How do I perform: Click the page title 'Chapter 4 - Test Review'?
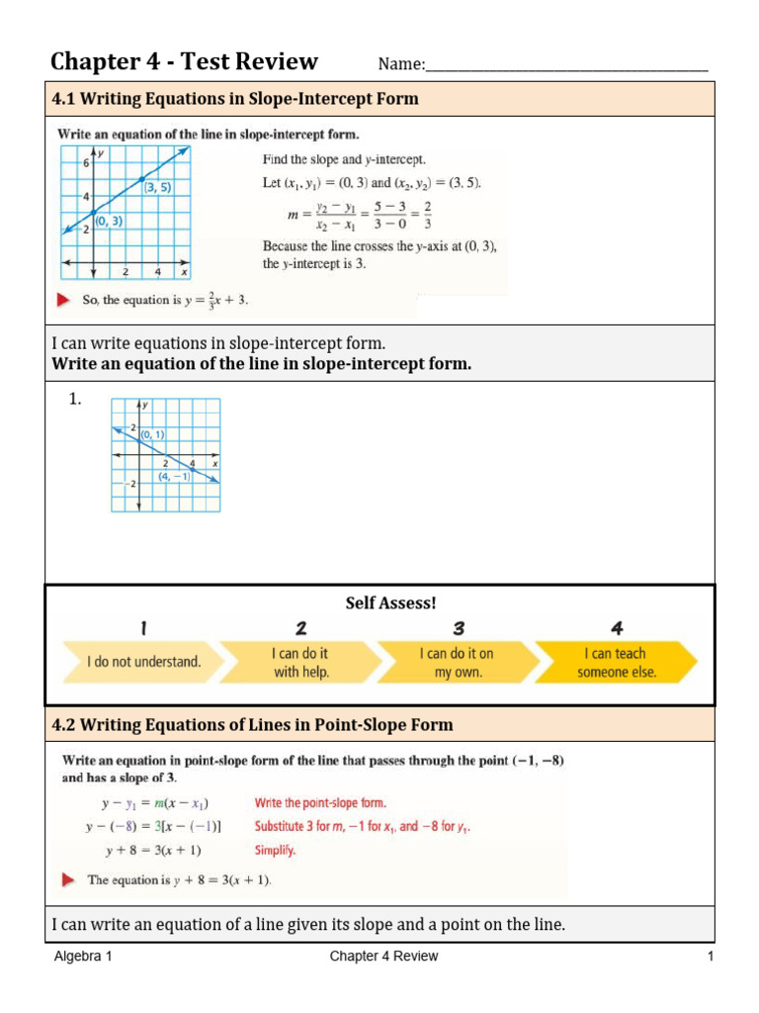click(185, 62)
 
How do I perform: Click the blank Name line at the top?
click(566, 67)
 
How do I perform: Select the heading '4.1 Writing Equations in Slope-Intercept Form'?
click(235, 99)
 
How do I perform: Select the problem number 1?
click(75, 401)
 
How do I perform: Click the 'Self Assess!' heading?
click(389, 602)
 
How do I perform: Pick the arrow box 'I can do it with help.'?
click(300, 663)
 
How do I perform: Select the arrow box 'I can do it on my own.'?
click(457, 663)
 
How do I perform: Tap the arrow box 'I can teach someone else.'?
click(616, 663)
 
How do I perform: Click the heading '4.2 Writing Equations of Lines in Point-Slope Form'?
click(252, 725)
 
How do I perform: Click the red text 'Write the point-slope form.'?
click(320, 803)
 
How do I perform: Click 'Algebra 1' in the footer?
click(83, 957)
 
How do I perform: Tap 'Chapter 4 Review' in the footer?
click(383, 957)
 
